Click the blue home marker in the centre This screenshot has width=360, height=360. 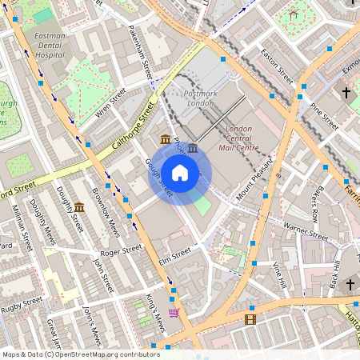point(180,173)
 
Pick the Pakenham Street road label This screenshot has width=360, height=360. point(137,51)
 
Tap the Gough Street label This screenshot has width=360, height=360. point(158,177)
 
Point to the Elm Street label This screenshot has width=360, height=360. point(175,253)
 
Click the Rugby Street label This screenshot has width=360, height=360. point(22,304)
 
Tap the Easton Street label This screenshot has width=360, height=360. point(277,67)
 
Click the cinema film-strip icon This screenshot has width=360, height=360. point(251,320)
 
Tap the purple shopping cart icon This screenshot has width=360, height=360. point(174,312)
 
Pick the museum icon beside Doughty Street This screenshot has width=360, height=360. point(79,208)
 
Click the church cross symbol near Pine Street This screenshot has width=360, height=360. point(346,94)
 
